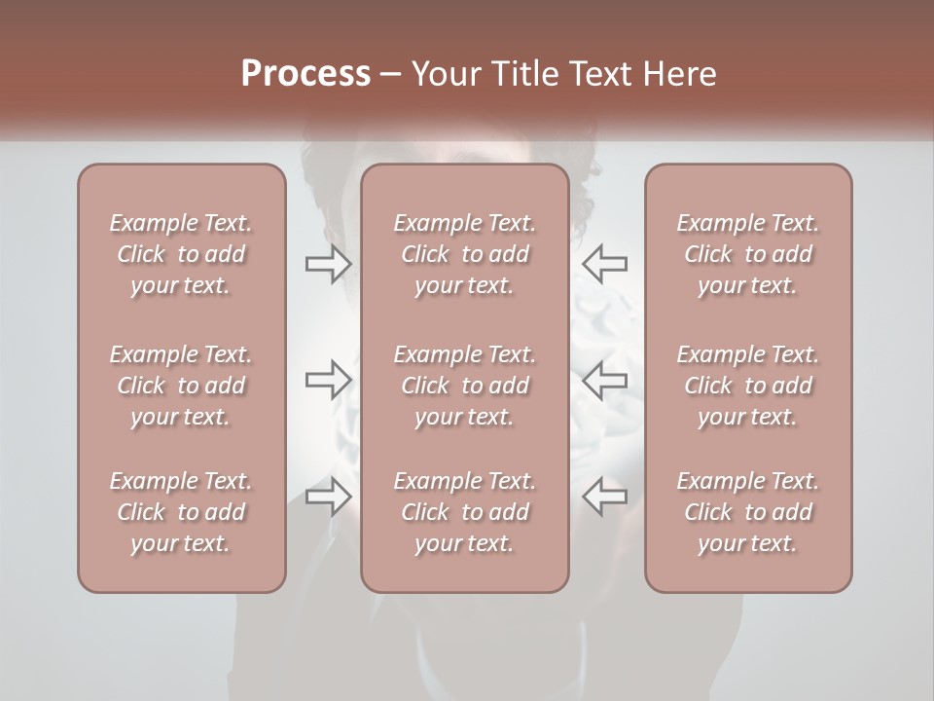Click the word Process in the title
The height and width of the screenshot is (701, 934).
coord(305,74)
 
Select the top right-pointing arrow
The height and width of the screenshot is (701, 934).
coord(328,264)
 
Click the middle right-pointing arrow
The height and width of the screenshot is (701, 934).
coord(328,380)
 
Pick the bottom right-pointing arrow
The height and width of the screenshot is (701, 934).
coord(328,497)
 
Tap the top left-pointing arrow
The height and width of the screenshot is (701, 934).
coord(604,264)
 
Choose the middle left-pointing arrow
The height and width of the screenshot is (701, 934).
coord(604,380)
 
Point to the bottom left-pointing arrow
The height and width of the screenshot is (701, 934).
coord(604,497)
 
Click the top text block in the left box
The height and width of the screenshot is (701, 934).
coord(181,254)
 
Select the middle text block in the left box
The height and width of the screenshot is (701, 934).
coord(181,386)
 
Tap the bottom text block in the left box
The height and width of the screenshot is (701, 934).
coord(181,512)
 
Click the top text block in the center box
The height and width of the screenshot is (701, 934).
coord(464,254)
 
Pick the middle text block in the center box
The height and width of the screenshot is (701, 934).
coord(464,386)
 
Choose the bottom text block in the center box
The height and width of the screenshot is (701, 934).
coord(464,512)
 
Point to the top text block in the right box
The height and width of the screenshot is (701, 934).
coord(747,254)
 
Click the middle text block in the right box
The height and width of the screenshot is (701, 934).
coord(747,386)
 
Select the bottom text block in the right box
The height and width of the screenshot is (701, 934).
coord(747,512)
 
